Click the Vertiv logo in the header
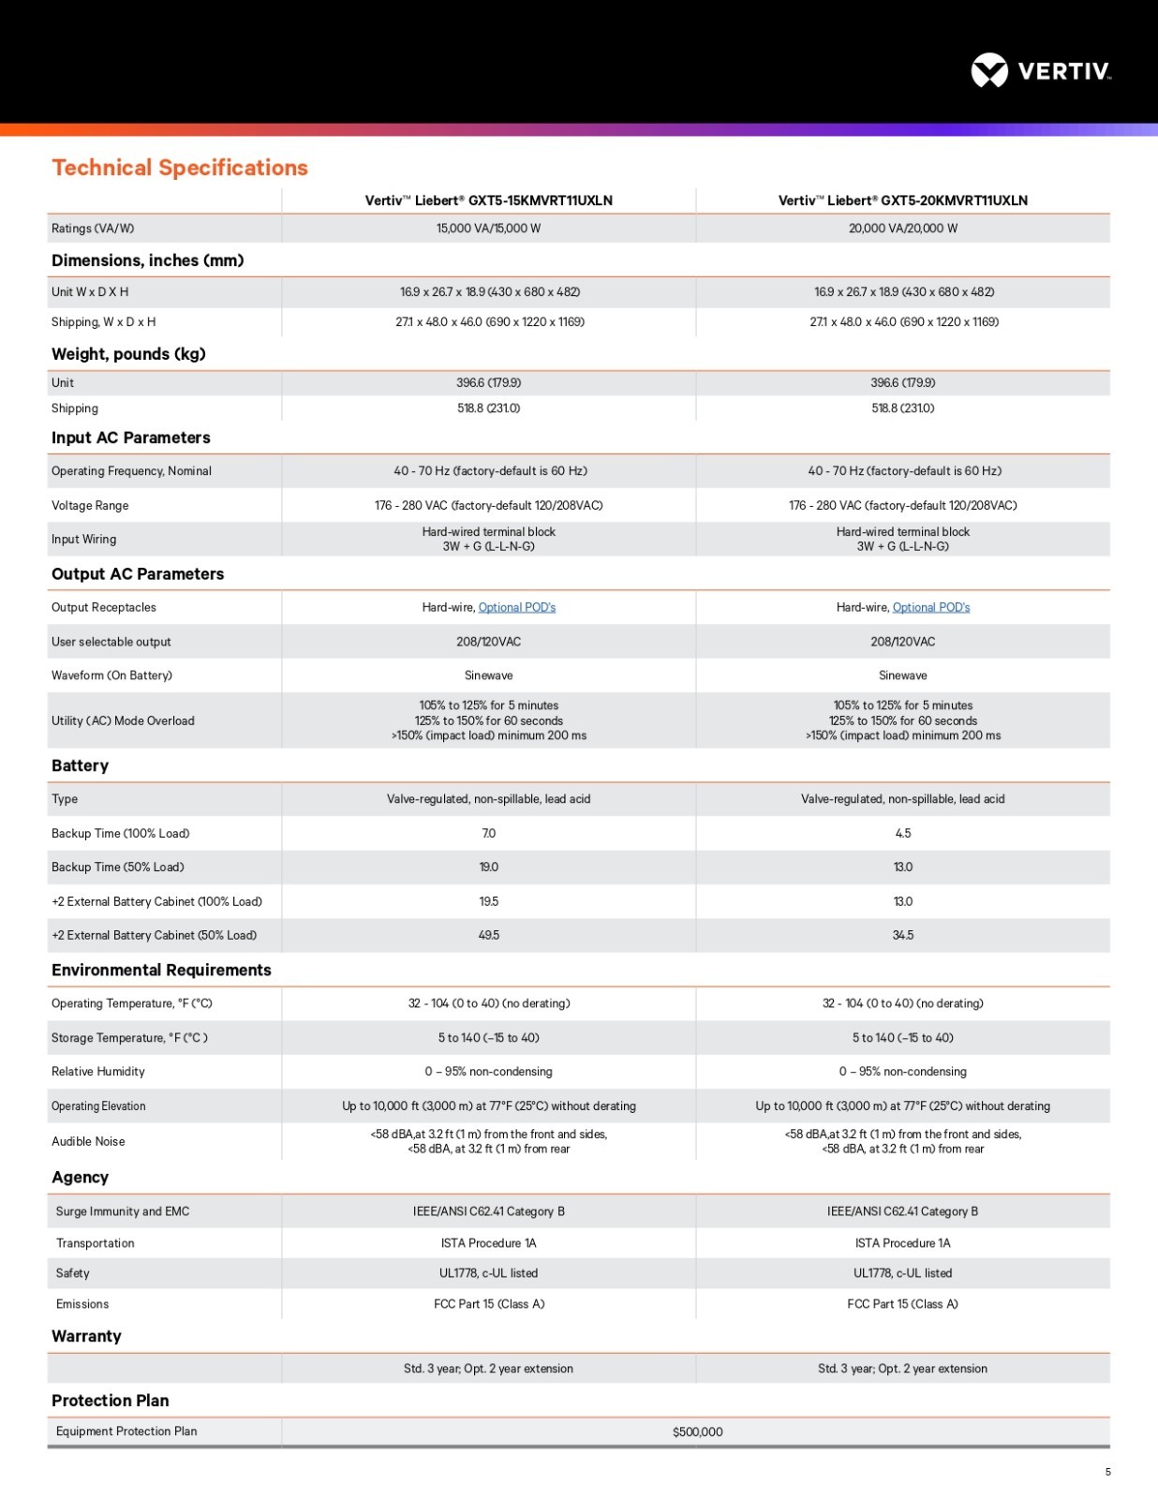[1040, 70]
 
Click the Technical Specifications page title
[180, 168]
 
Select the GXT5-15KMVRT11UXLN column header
[488, 200]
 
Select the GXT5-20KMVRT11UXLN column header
[902, 200]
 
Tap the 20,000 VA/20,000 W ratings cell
[902, 229]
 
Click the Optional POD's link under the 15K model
[517, 607]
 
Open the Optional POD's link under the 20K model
[931, 607]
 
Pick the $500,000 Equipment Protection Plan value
[697, 1432]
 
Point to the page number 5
[1107, 1472]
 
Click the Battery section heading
[80, 765]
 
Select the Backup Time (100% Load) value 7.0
[488, 833]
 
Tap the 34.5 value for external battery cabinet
[902, 935]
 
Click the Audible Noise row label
[88, 1141]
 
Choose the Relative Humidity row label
[98, 1071]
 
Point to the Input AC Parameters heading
[130, 438]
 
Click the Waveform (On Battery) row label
[111, 675]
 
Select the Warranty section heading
[86, 1336]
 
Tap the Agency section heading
[80, 1178]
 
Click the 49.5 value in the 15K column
[488, 935]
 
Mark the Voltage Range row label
[90, 505]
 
